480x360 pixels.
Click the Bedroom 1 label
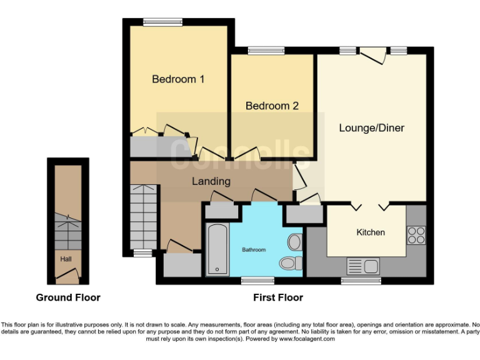point(178,79)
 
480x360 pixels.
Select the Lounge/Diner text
point(371,128)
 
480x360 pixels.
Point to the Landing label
point(211,181)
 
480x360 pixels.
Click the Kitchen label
point(371,232)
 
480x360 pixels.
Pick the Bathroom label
point(254,250)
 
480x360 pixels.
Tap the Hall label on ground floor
point(66,259)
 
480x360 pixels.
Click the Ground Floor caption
point(67,297)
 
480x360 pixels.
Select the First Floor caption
point(278,297)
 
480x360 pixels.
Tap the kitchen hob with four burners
point(416,234)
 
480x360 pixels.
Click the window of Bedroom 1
point(162,22)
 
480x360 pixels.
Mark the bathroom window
point(258,281)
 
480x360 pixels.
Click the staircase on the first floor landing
point(143,216)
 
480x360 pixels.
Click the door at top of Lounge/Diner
point(373,55)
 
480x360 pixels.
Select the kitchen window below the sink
point(361,281)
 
